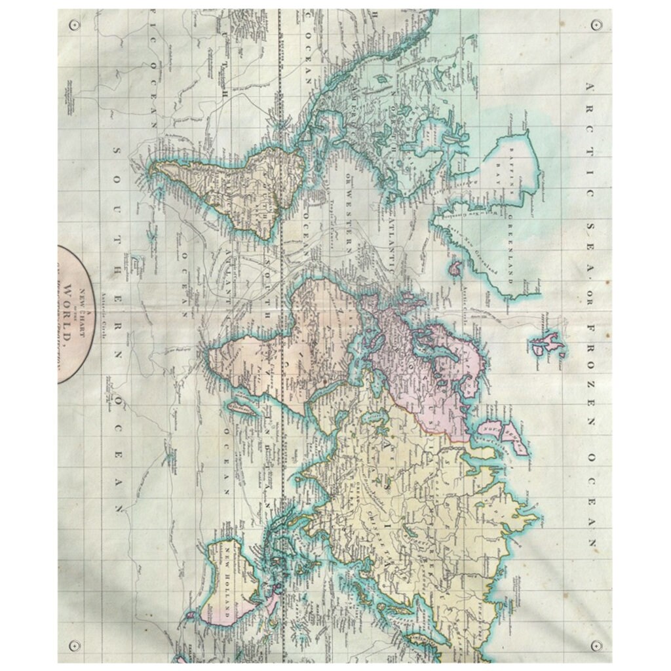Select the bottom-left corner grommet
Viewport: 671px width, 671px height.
click(x=73, y=645)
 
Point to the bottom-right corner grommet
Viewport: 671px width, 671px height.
click(x=596, y=645)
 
